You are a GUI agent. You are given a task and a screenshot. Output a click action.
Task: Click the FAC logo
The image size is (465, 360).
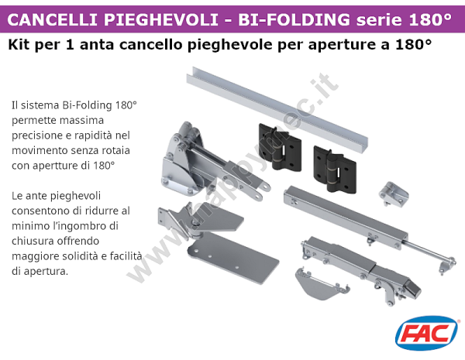(425, 334)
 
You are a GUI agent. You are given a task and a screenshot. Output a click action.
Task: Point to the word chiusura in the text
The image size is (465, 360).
(33, 242)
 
